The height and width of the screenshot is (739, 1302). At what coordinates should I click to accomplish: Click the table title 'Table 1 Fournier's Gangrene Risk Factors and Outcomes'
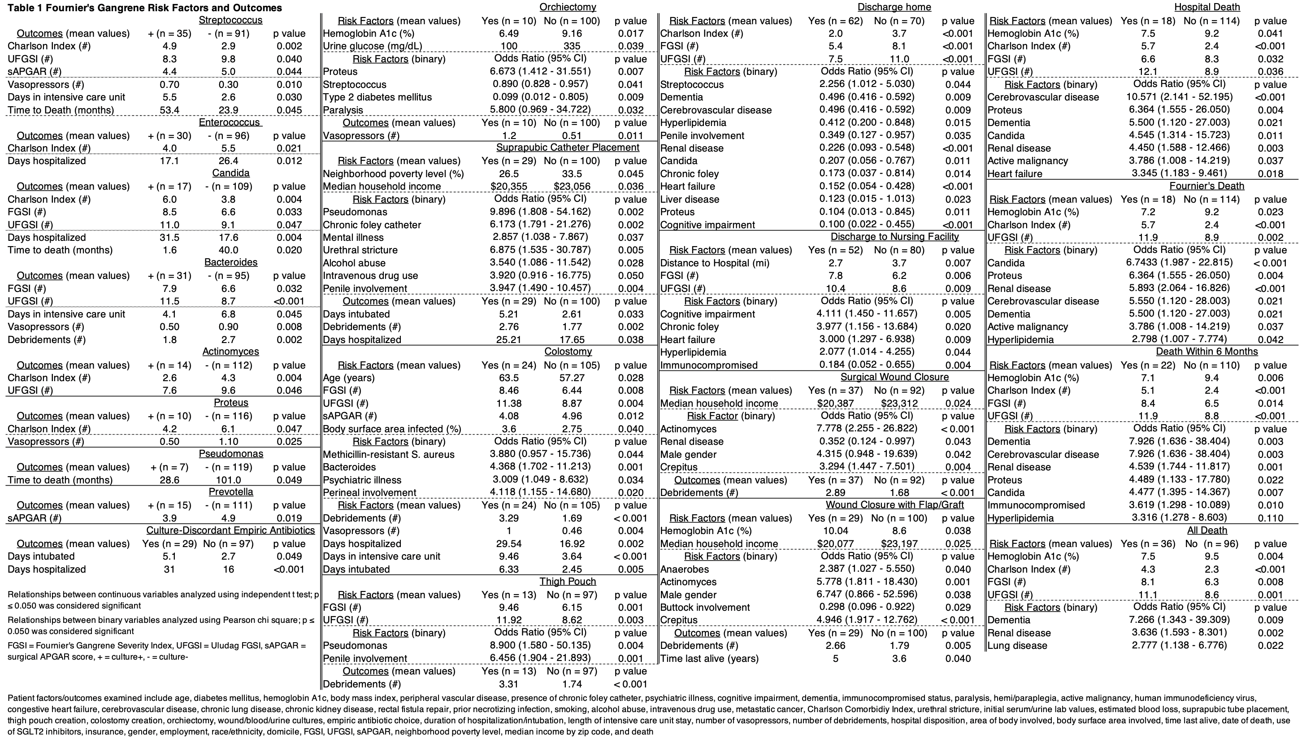(145, 8)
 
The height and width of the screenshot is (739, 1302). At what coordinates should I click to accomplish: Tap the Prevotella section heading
(230, 492)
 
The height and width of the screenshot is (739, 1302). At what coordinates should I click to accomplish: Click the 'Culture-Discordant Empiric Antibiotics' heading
(230, 530)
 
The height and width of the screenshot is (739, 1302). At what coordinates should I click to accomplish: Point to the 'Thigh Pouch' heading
(567, 582)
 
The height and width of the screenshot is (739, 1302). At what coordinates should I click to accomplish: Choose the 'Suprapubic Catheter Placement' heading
(567, 148)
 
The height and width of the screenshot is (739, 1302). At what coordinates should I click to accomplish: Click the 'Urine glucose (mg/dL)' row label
(373, 46)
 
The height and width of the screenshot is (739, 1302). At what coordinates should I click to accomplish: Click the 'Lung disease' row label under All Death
(1017, 646)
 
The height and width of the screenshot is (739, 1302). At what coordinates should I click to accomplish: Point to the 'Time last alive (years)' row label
(709, 659)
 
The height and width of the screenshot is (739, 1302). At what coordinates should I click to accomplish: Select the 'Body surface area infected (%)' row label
(392, 429)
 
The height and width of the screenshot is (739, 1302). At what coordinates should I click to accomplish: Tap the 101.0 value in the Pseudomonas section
(228, 480)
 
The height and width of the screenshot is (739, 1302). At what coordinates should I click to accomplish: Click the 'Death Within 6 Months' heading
(1207, 352)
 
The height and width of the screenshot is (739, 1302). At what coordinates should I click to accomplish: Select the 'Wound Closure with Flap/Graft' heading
(894, 505)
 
